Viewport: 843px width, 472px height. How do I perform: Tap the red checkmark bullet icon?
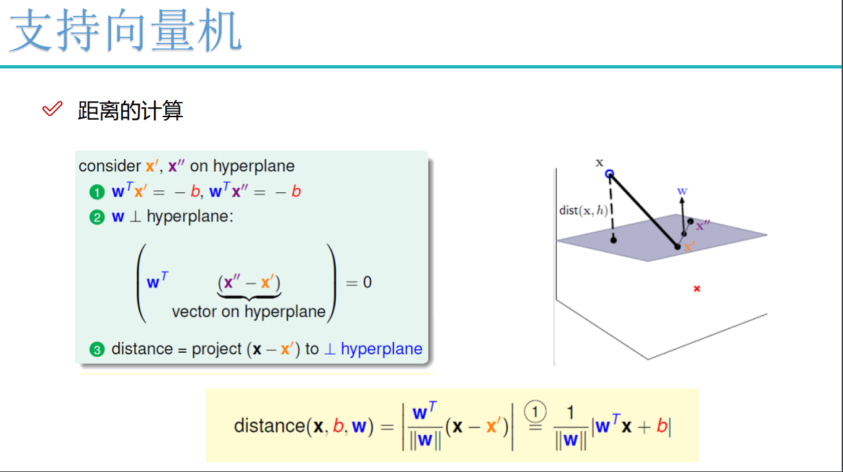pos(52,109)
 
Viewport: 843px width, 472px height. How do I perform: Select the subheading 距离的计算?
pos(130,111)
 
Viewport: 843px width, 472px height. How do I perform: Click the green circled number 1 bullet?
pos(97,192)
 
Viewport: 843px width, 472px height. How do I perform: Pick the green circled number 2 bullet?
pos(97,217)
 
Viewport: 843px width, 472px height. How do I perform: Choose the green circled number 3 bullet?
pos(97,350)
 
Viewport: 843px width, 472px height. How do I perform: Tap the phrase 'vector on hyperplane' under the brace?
pos(249,311)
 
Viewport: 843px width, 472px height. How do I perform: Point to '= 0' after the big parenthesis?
pos(359,282)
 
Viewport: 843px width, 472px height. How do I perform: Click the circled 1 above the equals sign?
pos(535,411)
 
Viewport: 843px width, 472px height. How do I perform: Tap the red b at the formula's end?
pos(662,426)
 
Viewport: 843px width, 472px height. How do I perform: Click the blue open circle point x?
pos(609,174)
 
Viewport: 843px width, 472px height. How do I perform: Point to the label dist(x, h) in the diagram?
pos(582,210)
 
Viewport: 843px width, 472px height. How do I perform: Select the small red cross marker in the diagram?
pos(697,288)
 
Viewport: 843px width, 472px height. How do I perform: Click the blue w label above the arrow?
pos(682,191)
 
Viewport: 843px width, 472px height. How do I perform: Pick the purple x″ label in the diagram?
pos(703,225)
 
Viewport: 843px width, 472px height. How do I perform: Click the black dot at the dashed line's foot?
pos(613,240)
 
